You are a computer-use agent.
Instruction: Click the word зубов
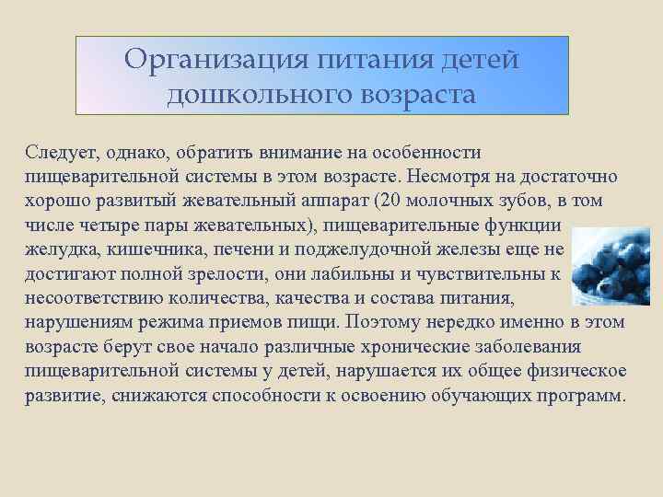517,200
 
